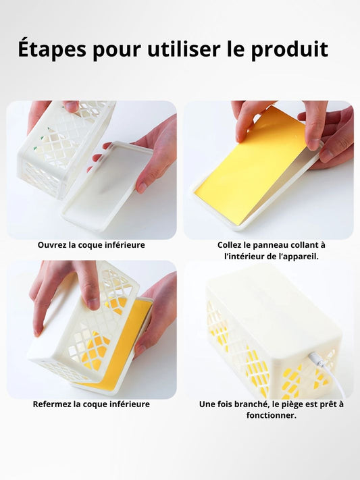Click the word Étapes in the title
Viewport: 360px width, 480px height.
52,49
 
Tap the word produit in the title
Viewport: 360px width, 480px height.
290,49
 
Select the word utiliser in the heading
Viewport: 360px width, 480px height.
184,49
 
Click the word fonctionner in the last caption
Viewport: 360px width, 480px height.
271,415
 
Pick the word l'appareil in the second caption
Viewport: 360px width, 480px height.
299,257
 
